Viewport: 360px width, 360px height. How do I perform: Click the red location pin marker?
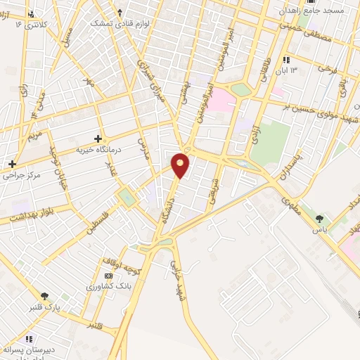pyautogui.click(x=181, y=165)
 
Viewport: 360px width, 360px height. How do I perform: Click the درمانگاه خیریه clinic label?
pyautogui.click(x=98, y=150)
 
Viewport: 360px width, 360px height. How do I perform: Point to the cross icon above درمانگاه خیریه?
pyautogui.click(x=98, y=138)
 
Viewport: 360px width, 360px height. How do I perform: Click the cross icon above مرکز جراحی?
pyautogui.click(x=12, y=164)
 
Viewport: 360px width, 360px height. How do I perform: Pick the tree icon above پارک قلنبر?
pyautogui.click(x=46, y=296)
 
